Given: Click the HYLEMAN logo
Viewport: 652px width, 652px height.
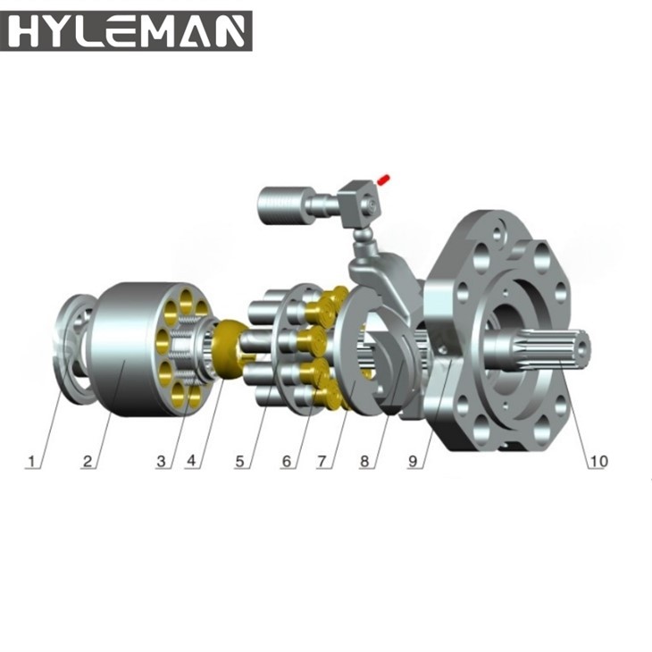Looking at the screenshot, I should point(126,30).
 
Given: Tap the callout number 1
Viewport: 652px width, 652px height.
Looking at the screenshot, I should point(33,462).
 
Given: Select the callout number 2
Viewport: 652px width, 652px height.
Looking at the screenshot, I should point(88,462).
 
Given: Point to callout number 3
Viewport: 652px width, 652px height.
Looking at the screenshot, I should point(161,462).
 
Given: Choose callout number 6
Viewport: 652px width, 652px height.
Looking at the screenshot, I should point(286,462).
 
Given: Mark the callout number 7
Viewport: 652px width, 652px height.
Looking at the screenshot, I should point(324,462).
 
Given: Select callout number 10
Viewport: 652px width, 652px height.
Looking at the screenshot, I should point(597,462).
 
